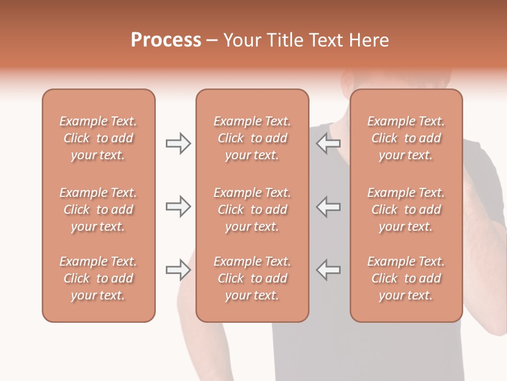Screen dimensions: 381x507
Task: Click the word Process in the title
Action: tap(166, 40)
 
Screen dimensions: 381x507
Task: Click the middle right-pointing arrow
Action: tap(178, 207)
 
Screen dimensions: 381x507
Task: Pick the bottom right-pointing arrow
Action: tap(178, 270)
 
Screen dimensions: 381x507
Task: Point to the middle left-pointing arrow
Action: tap(328, 207)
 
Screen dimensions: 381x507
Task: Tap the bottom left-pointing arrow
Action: tap(328, 270)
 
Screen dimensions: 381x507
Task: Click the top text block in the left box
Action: tap(98, 138)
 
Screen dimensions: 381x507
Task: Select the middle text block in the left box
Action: tap(98, 210)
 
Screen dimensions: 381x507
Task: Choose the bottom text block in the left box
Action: tap(98, 278)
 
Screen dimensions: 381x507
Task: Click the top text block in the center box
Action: tap(252, 138)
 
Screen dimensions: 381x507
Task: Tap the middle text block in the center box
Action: tap(252, 210)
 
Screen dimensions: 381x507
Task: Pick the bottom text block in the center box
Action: tap(252, 278)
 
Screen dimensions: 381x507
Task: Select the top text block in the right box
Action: tap(406, 138)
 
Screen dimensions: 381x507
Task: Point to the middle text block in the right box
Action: tap(406, 210)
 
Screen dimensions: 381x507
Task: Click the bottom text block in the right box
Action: tap(406, 278)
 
